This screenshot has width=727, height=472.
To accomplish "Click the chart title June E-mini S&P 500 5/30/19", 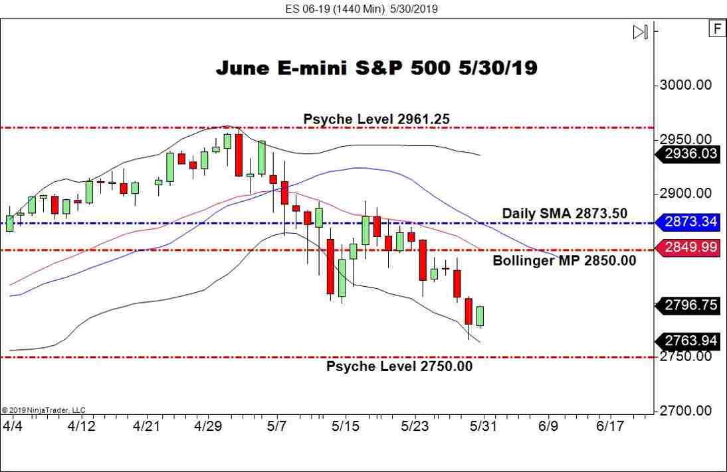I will pos(376,68).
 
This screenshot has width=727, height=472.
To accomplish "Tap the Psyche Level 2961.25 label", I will pos(376,119).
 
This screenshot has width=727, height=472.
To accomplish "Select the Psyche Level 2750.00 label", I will pos(399,366).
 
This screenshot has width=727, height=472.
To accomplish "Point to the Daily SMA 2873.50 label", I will pos(564,213).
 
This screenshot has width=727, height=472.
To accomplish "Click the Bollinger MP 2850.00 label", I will pos(564,261).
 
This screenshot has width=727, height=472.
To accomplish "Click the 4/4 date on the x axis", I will pos(13,426).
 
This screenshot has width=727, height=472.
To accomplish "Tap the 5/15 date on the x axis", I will pos(346,426).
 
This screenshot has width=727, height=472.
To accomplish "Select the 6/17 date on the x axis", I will pos(610,426).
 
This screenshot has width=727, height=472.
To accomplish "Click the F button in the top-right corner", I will pos(716,29).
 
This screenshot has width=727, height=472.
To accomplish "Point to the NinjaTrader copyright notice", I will pos(44,410).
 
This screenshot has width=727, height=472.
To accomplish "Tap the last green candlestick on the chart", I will pos(480,316).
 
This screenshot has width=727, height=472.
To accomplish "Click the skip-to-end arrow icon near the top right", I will pos(639,32).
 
